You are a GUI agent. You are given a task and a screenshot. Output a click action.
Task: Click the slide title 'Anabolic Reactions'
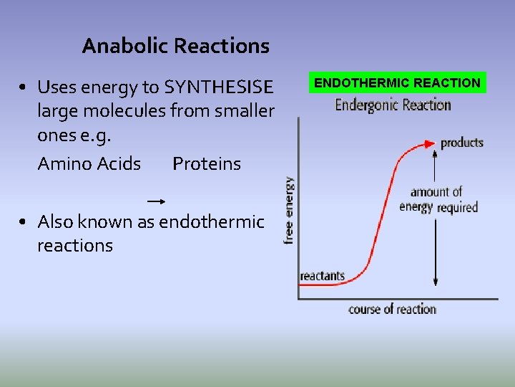[x=175, y=47]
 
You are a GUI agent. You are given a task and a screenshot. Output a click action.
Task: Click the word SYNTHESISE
[x=218, y=87]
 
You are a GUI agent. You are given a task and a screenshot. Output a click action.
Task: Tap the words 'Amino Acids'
[x=89, y=164]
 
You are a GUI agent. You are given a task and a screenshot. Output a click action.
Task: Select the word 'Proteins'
[x=207, y=164]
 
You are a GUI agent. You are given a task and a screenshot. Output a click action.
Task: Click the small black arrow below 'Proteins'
[x=156, y=201]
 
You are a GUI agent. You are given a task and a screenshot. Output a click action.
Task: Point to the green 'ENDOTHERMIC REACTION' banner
[x=397, y=83]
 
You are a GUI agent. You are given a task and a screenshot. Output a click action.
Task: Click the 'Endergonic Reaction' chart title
[x=393, y=105]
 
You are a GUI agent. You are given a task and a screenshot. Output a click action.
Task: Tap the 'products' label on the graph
[x=461, y=143]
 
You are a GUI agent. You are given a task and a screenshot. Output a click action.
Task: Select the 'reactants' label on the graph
[x=322, y=276]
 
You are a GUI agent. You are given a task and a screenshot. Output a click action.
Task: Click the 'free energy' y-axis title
[x=289, y=211]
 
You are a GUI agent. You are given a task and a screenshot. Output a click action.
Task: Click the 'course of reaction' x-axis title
[x=392, y=310]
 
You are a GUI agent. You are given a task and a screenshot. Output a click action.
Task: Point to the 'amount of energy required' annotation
[x=437, y=200]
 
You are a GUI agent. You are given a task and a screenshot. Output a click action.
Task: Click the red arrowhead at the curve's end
[x=431, y=143]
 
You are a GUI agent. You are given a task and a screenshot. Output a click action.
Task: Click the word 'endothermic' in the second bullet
[x=211, y=222]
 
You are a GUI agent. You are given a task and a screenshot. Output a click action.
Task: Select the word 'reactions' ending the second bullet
[x=75, y=246]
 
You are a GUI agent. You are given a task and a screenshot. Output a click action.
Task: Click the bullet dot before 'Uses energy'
[x=24, y=88]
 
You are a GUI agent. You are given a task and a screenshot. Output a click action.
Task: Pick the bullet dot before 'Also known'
[x=24, y=222]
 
